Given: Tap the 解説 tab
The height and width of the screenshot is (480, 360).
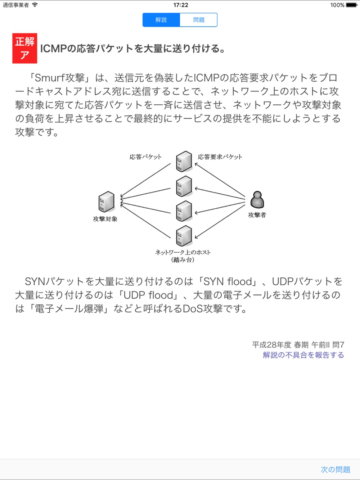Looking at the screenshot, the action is coord(161,20).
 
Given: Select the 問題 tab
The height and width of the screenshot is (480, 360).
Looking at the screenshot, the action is coord(199,20).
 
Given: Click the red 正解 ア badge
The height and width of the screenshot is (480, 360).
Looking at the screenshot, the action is coord(25,48).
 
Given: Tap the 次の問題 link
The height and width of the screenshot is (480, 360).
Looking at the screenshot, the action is coord(336,470).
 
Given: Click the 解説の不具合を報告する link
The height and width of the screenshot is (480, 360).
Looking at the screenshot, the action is coord(303,355).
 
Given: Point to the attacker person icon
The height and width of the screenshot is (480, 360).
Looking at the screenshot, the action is coord(257,199).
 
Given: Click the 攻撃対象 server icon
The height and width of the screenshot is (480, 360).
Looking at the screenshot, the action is coord(107,201).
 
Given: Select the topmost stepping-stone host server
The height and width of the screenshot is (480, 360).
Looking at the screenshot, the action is coord(184,162).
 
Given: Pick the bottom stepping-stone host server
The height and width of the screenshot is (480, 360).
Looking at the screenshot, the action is coord(184,236).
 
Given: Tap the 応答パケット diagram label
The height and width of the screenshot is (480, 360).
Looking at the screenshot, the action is coord(145,157).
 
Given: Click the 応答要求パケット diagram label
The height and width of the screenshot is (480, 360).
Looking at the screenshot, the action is coord(220,157).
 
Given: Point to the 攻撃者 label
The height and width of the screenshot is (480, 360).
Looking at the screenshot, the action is coord(257,215).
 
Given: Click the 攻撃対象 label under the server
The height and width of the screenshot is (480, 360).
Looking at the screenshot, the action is coord(105,219).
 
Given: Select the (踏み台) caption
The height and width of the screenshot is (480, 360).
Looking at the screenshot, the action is coord(183,260).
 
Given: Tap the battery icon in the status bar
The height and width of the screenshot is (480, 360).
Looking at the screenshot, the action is coord(352,5).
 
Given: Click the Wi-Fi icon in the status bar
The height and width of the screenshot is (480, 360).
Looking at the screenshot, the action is coord(35,5).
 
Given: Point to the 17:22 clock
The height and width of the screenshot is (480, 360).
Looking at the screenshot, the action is coord(181,5).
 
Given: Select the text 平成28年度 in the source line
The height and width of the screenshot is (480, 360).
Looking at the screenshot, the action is coord(272,345).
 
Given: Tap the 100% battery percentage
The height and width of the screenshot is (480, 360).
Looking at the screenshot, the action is coord(337,5).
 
